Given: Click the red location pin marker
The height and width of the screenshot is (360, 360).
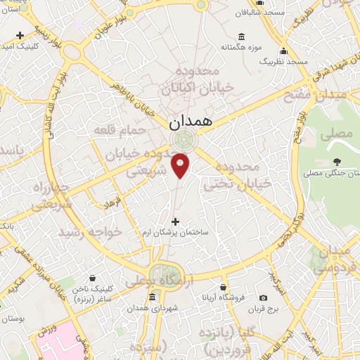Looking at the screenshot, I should (x=181, y=165).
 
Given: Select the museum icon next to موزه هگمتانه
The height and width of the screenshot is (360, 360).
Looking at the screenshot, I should (x=242, y=37).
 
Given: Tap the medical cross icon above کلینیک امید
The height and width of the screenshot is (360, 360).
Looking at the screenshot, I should (x=19, y=35).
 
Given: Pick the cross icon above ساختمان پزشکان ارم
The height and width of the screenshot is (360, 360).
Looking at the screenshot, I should (x=176, y=221).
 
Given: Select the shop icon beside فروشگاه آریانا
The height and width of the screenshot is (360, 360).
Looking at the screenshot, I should (x=224, y=287).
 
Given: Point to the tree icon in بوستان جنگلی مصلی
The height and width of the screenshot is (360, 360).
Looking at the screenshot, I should (x=337, y=161).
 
